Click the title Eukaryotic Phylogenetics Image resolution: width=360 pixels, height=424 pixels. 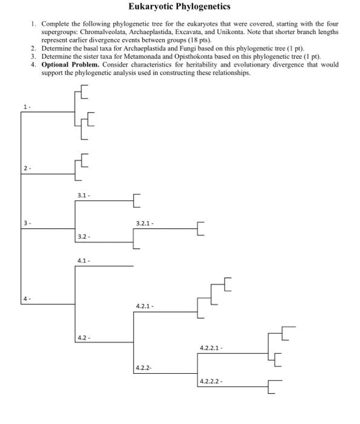pyautogui.click(x=180, y=7)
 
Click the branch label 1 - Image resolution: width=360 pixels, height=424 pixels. pyautogui.click(x=26, y=107)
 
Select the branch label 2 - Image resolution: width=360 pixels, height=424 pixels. pyautogui.click(x=26, y=167)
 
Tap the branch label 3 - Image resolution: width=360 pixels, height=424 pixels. pyautogui.click(x=26, y=224)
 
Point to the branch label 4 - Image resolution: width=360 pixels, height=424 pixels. pyautogui.click(x=26, y=299)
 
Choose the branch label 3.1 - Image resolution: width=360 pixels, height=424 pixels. pyautogui.click(x=85, y=195)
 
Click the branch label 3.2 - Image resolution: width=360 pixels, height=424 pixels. pyautogui.click(x=85, y=236)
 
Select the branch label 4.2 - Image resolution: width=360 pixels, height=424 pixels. pyautogui.click(x=85, y=337)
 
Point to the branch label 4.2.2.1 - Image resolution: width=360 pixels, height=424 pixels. pyautogui.click(x=211, y=348)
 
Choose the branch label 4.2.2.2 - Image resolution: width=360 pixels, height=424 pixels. pyautogui.click(x=211, y=382)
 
